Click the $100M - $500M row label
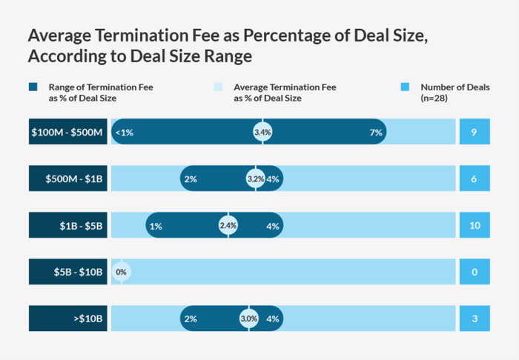[x=68, y=133]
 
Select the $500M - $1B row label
[x=68, y=179]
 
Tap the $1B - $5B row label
[x=68, y=226]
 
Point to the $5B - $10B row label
[x=68, y=272]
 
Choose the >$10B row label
[x=68, y=319]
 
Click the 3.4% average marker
[x=262, y=133]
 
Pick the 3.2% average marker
[x=256, y=179]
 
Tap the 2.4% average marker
[x=228, y=226]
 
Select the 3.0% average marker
[x=249, y=319]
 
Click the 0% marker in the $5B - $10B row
[x=122, y=272]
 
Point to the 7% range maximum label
[x=376, y=133]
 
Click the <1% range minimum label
[x=125, y=133]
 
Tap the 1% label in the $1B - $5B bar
[x=156, y=226]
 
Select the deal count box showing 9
[x=474, y=133]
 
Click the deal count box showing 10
[x=474, y=226]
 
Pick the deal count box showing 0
[x=474, y=272]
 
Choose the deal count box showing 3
[x=474, y=319]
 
